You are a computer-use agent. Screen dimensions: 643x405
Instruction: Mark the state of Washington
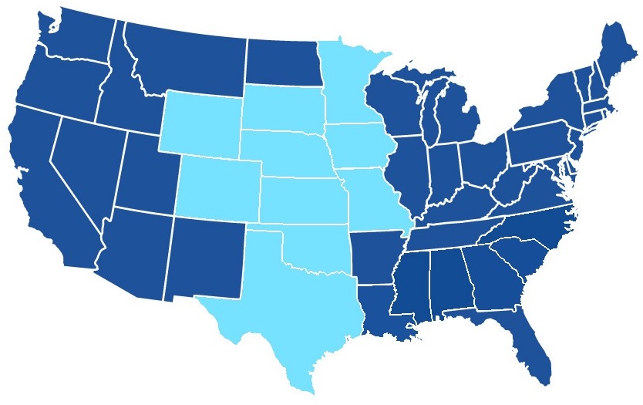pos(77,35)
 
